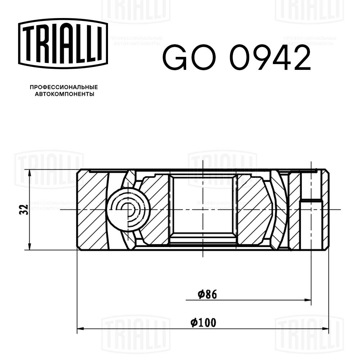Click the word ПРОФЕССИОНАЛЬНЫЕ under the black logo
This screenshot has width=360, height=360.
(64, 87)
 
